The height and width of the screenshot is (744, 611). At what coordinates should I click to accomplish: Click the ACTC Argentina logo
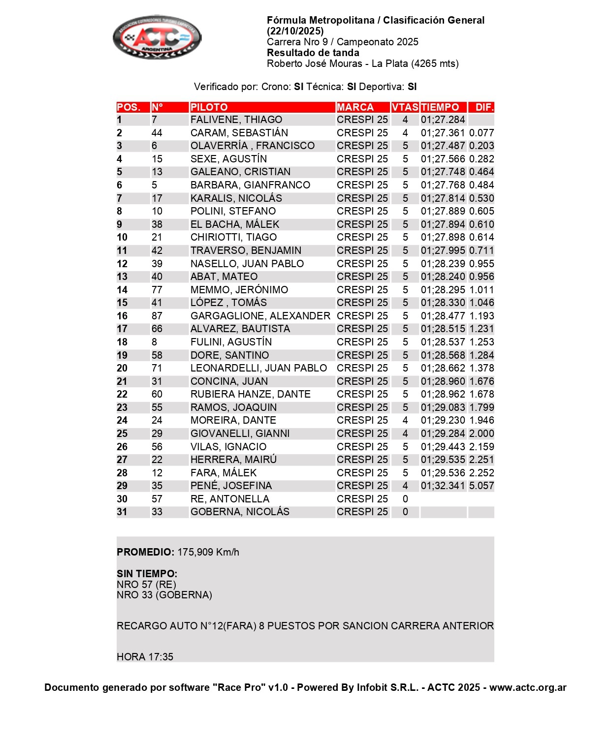157,37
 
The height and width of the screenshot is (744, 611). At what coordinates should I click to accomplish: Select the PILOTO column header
209,107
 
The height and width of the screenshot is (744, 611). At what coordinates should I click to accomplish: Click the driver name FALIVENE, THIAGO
236,120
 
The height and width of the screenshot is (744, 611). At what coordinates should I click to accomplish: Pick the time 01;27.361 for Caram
443,133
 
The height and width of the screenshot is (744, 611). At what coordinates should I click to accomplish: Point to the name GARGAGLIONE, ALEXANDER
260,316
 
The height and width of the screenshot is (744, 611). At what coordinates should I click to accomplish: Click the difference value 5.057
481,486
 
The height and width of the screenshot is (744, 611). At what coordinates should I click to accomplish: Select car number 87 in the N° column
157,316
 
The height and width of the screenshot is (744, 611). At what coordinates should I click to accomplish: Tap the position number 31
122,512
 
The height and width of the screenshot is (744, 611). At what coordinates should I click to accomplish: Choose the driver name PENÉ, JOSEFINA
231,486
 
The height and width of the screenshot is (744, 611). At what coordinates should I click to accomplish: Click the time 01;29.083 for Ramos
443,407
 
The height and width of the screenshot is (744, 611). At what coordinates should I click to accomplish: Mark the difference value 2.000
481,434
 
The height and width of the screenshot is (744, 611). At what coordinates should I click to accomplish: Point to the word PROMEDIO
145,552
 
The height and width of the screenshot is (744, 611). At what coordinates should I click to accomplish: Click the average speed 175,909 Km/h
208,552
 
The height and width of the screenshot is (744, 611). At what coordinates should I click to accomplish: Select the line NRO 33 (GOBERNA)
164,595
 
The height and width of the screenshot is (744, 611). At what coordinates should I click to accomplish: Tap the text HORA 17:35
145,657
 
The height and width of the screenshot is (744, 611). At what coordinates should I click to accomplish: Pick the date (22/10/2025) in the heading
295,31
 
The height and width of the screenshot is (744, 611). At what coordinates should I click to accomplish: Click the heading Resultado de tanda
313,53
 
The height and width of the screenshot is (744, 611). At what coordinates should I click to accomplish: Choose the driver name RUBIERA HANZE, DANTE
251,394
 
